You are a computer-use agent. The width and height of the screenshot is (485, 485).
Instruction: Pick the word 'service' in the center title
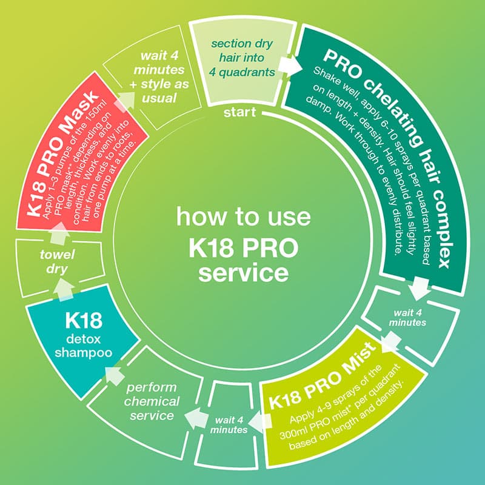243,272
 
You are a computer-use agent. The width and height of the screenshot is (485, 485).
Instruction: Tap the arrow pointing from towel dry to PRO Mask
59,229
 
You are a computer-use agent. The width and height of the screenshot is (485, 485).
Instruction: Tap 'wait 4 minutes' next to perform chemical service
230,423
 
